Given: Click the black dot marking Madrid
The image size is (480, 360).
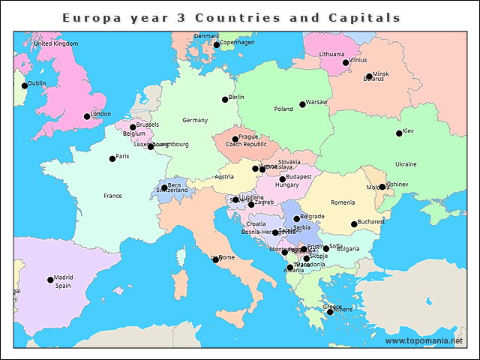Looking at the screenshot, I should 51,280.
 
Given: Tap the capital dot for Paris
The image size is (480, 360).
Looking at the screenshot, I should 112,158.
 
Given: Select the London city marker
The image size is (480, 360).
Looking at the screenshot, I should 87,116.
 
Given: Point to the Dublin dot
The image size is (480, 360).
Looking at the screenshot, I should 25,85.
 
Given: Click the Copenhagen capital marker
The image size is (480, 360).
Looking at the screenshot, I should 217,45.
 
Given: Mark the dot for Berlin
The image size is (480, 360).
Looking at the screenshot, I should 225,99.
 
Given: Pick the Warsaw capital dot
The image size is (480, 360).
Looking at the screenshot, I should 302,104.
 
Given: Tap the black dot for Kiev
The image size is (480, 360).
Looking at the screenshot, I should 399,133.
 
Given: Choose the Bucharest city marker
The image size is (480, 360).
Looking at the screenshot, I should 354,224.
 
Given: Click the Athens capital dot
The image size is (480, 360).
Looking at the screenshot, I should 329,311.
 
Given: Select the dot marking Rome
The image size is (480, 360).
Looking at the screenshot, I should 216,259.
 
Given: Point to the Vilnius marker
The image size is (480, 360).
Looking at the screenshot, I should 346,62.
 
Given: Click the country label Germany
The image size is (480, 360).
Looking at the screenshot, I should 195,120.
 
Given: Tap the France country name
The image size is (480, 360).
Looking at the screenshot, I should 112,196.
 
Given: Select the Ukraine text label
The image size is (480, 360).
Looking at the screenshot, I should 406,164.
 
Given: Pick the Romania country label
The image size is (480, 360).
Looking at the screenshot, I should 343,202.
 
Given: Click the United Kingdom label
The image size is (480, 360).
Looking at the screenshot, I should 55,43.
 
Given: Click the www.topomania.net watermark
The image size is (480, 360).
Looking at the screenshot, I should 424,341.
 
